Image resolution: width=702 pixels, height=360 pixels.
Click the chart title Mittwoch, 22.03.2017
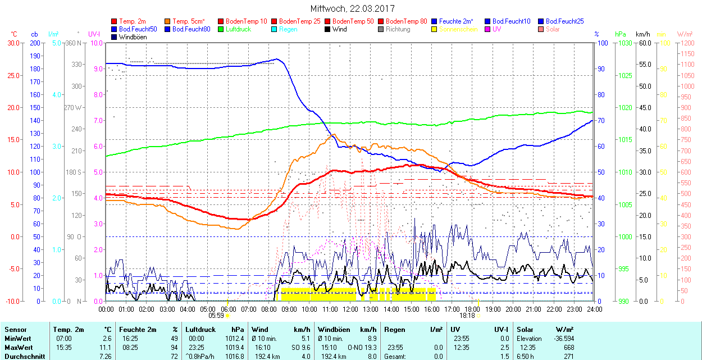tap(352, 8)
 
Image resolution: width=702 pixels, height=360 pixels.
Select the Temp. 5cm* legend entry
tap(189, 21)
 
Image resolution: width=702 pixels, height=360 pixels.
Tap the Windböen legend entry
tap(132, 37)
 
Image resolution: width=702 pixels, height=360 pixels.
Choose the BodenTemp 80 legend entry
tap(406, 21)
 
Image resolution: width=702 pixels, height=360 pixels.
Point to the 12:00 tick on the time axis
tap(350, 309)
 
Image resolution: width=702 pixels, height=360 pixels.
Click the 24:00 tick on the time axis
tap(594, 309)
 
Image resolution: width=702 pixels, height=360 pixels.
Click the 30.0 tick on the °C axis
tap(12, 43)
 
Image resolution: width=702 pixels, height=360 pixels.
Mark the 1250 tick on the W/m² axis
tap(686, 43)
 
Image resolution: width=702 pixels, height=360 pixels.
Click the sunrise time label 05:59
tap(217, 316)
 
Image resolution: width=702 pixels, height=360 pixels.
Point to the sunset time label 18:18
tap(467, 316)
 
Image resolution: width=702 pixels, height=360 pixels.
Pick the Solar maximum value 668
tap(568, 347)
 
